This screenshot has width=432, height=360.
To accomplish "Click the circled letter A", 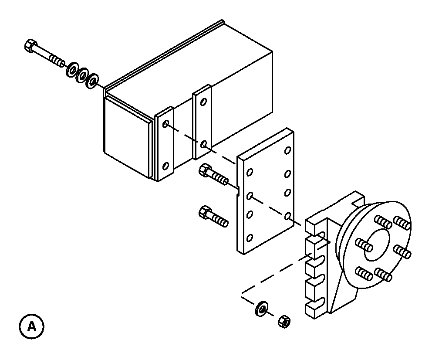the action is [32, 326].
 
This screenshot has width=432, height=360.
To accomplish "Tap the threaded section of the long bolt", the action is [57, 61].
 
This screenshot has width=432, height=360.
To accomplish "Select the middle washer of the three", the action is [82, 75].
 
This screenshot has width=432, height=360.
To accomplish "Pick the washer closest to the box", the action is [92, 81].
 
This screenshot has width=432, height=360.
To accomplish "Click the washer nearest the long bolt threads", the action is [72, 69].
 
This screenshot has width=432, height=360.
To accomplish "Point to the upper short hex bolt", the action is [213, 174].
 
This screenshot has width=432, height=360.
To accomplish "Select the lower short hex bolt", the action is [213, 216].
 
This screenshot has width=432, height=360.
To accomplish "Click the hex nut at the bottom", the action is [285, 321].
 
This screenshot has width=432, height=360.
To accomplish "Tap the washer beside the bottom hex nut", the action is [261, 309].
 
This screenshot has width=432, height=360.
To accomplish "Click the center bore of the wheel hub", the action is [377, 245].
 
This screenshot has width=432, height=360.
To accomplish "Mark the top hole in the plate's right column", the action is [287, 150].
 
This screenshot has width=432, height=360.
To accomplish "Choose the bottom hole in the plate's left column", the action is [250, 238].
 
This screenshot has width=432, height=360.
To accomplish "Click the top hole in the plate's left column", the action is [250, 172].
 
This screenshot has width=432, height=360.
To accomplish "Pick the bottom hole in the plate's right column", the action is [287, 216].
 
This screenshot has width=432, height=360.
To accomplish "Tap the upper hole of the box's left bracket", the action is [165, 124].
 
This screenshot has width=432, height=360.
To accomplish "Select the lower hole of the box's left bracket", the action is [165, 166].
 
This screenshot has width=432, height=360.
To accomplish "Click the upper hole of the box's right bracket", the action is [203, 102].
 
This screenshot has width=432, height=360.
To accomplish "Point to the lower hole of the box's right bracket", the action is [203, 144].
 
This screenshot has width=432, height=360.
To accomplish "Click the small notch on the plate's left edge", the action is [239, 191].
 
